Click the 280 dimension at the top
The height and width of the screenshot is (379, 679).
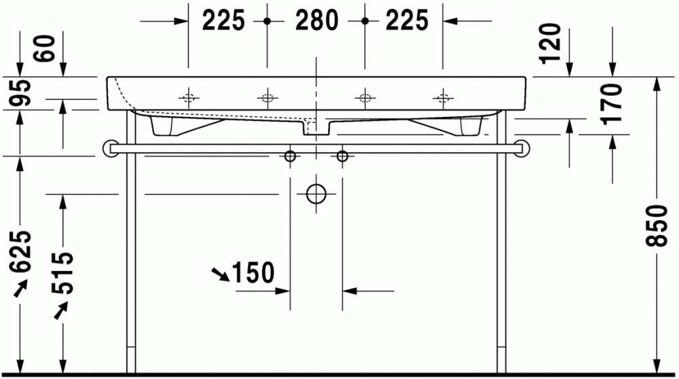click(x=316, y=21)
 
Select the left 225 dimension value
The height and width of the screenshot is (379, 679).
click(x=223, y=21)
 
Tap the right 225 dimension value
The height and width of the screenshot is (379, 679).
click(x=407, y=21)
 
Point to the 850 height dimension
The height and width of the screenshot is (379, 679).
click(x=656, y=225)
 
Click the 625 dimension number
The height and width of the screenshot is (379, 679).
click(x=21, y=251)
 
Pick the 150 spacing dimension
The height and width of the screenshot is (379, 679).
click(x=253, y=273)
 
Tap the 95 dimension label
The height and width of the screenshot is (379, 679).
click(x=21, y=92)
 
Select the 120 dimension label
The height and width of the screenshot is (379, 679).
click(x=550, y=43)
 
